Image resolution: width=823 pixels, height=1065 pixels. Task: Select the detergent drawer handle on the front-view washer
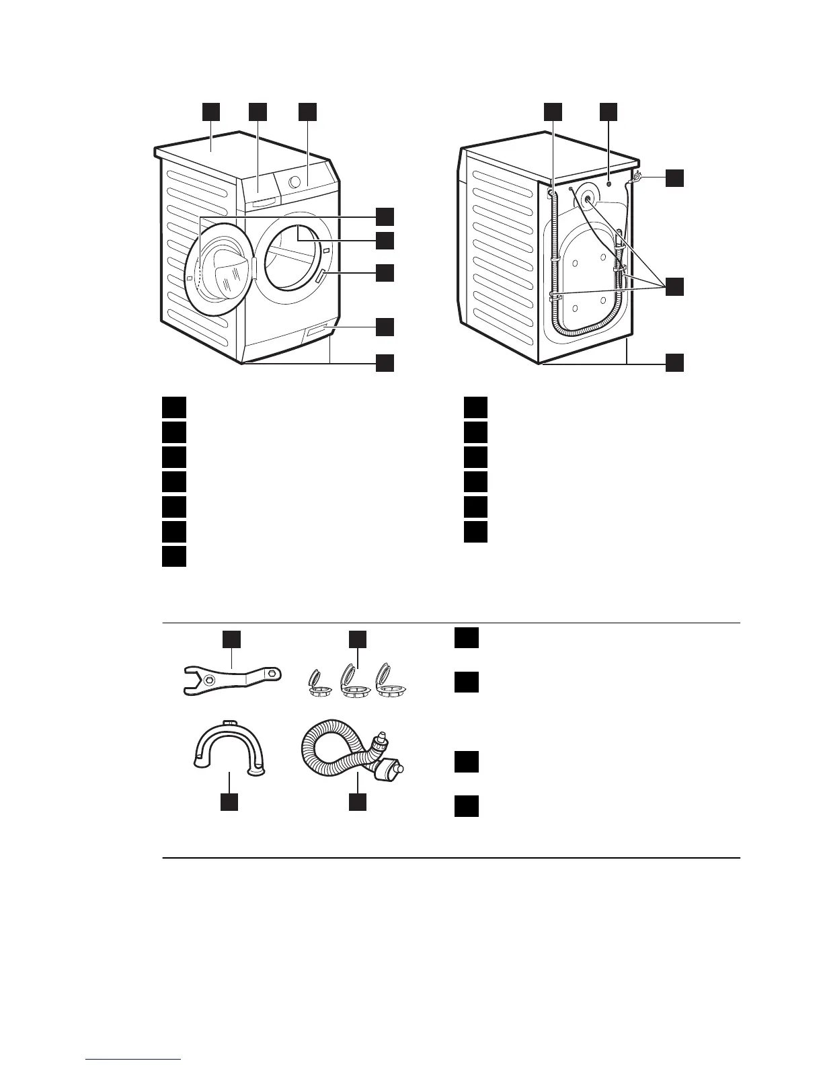coord(262,201)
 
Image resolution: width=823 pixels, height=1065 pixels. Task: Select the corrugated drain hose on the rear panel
coord(553,269)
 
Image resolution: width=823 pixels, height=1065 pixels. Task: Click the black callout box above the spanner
coord(232,639)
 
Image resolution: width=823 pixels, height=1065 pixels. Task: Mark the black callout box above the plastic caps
coord(358,639)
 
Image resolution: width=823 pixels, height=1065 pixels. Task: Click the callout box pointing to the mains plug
coord(675,178)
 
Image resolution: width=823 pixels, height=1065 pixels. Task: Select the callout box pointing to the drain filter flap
coord(384,326)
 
